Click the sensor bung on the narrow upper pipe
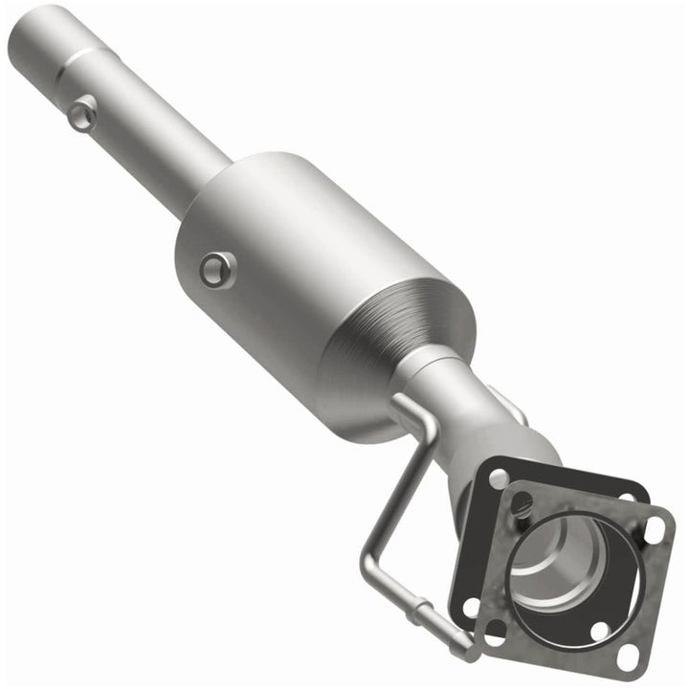(x=84, y=115)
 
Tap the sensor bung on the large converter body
(x=217, y=269)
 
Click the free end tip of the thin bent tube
(x=467, y=652)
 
